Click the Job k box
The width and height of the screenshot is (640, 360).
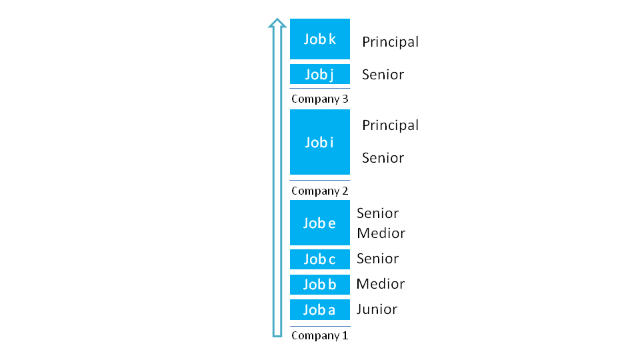319,39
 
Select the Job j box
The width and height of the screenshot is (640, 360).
319,74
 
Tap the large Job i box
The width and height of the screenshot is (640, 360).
319,141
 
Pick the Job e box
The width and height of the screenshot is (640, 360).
319,223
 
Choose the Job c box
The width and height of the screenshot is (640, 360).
319,259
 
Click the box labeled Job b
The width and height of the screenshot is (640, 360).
319,285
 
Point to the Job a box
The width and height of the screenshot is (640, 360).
319,310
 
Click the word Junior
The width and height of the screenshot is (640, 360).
377,309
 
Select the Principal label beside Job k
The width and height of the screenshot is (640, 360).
390,42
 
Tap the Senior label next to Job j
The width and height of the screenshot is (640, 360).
383,75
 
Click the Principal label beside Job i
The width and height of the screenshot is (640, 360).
390,125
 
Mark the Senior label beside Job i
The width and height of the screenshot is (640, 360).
383,158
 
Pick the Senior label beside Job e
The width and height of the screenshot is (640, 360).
377,213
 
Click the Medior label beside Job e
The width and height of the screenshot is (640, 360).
381,233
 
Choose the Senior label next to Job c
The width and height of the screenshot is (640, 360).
377,259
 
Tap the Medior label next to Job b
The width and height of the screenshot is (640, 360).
381,284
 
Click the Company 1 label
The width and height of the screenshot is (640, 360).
319,335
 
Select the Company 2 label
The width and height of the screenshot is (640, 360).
319,191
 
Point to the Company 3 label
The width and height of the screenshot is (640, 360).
319,99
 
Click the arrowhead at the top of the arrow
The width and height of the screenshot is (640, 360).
277,23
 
